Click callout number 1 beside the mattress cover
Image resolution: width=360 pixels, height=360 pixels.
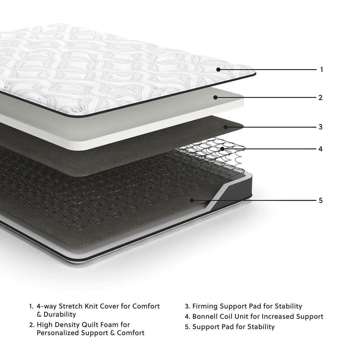[x=321, y=69]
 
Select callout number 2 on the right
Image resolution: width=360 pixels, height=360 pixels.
[x=320, y=97]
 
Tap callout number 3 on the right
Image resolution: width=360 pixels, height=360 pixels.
[x=320, y=127]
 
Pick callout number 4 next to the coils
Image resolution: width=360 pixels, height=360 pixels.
[x=320, y=148]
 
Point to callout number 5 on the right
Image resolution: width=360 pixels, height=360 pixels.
[x=320, y=200]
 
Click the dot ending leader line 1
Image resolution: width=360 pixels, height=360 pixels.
[x=219, y=69]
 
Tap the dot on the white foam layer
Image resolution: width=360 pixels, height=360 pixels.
[x=215, y=97]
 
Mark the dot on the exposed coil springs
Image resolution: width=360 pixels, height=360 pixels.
[x=222, y=148]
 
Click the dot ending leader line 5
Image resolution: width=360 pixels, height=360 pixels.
[x=192, y=200]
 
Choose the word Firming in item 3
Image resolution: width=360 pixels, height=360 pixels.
[x=206, y=306]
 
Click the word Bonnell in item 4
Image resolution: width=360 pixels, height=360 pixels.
[x=205, y=316]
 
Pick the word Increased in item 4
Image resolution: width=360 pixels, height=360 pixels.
[x=271, y=316]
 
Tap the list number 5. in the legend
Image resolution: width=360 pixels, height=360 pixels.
[x=187, y=327]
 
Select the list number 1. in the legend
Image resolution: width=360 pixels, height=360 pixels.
[x=31, y=307]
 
